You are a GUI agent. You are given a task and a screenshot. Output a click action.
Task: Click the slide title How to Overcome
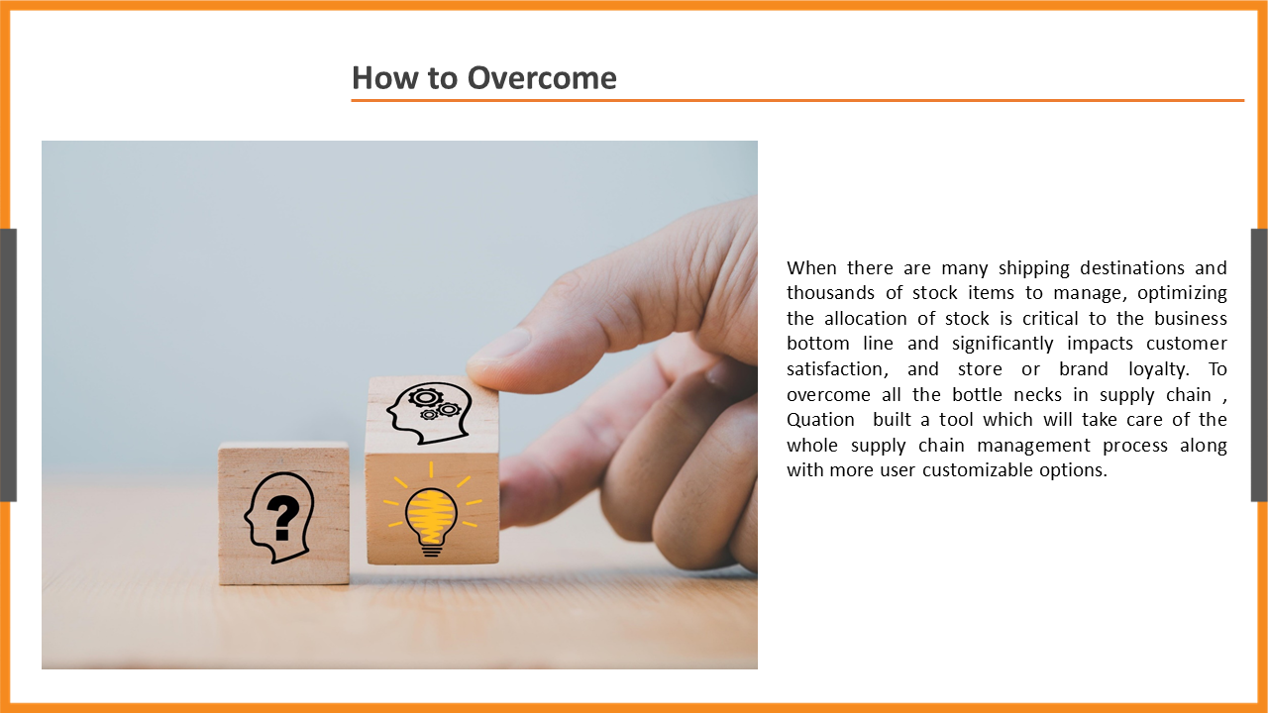[x=484, y=77]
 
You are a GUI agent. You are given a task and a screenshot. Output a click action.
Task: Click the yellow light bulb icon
[x=431, y=515]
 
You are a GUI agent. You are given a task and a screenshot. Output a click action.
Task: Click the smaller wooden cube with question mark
[x=283, y=513]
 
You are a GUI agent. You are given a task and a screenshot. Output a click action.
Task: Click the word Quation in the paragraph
[x=820, y=420]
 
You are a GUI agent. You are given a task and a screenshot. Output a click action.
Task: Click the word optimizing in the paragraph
[x=1182, y=293]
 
